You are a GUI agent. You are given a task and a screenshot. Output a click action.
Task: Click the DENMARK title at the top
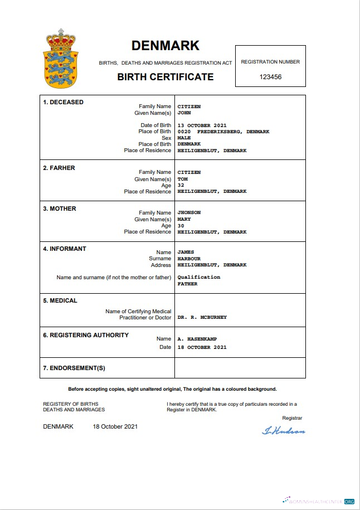pos(165,46)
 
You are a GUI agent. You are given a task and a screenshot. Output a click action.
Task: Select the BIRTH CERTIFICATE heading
pos(165,77)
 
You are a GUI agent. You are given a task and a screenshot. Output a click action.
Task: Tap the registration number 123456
pos(270,77)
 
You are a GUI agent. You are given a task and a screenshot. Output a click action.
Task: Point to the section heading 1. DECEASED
pos(64,103)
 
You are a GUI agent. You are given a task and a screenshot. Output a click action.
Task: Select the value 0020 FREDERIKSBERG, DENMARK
pos(223,132)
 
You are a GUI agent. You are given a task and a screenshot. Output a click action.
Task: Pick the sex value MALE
pos(184,138)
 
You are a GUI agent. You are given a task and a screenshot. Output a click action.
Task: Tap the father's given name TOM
pos(183,179)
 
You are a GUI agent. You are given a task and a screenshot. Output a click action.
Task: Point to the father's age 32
pos(181,185)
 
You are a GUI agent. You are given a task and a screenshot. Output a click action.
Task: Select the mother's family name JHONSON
pos(189,212)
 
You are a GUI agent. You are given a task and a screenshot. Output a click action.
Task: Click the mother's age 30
pos(181,226)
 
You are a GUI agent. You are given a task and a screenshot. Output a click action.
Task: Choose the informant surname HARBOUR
pos(188,259)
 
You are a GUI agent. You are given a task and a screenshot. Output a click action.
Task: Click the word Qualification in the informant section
pos(198,277)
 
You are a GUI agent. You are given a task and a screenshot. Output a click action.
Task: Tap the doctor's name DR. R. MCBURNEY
pos(202,317)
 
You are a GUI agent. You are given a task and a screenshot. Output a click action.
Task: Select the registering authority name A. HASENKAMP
pos(198,339)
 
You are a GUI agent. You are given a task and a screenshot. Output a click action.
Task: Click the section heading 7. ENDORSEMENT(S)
pos(74,368)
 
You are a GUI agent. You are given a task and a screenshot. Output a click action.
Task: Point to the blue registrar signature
pos(284,430)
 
